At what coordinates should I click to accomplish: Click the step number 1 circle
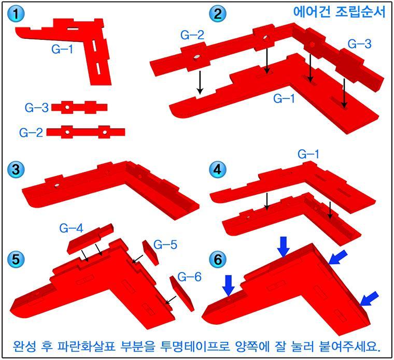[16, 14]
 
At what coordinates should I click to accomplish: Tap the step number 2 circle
[218, 14]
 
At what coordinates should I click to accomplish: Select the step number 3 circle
[16, 169]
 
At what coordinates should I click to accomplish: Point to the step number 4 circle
[218, 169]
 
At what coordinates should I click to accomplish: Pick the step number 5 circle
[16, 260]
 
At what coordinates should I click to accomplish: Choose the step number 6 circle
[218, 260]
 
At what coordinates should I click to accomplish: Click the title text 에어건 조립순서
[339, 11]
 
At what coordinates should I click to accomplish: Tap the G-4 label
[71, 228]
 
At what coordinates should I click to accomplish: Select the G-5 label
[165, 244]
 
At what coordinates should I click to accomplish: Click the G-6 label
[189, 277]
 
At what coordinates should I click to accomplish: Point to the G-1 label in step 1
[62, 49]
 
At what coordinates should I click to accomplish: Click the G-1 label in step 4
[308, 154]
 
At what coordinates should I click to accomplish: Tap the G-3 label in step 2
[360, 44]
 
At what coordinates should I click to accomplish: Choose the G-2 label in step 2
[192, 35]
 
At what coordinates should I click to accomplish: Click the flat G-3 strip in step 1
[79, 107]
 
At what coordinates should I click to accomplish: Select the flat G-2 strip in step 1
[86, 132]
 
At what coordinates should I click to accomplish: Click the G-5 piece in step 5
[150, 253]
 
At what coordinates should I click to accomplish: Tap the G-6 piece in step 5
[182, 294]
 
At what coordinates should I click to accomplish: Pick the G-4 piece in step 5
[90, 238]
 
